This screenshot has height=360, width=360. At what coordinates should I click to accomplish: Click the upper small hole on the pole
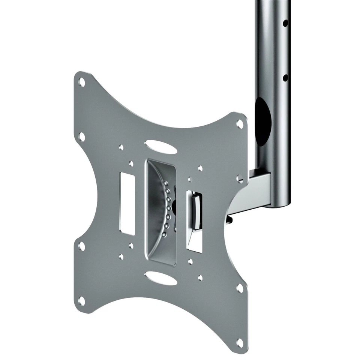pos(285,23)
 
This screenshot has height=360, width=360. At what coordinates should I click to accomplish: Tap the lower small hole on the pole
pos(285,78)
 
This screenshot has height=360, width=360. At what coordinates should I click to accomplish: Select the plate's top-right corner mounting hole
pos(239,123)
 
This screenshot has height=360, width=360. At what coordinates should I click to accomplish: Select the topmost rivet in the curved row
pos(165,183)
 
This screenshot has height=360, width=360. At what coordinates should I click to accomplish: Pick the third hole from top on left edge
pos(81,246)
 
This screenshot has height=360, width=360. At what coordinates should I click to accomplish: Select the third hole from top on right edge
pos(239,288)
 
